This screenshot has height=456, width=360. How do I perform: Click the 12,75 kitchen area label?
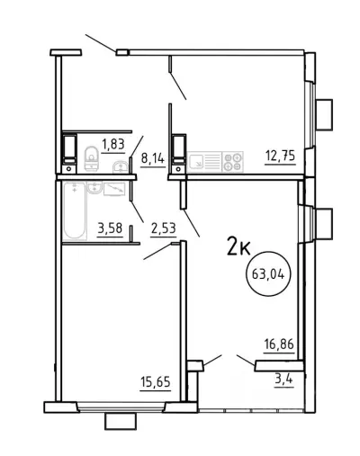(280, 156)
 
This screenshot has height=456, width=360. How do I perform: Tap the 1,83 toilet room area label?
(113, 145)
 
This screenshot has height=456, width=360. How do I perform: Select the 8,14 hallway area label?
(153, 158)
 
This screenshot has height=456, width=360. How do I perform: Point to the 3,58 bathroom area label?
(110, 228)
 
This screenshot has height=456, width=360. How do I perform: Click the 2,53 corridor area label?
(163, 228)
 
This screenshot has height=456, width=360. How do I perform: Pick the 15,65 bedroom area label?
(156, 382)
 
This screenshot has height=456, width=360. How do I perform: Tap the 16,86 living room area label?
(279, 344)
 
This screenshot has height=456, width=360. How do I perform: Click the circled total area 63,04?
(268, 273)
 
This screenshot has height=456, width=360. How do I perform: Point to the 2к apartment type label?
(238, 246)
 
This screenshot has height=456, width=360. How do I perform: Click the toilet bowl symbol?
(91, 158)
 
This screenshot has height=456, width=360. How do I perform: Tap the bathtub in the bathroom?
(75, 211)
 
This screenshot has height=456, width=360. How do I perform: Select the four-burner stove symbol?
(233, 162)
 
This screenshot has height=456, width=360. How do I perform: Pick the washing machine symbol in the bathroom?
(114, 189)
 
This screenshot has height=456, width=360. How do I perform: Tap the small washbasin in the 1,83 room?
(121, 167)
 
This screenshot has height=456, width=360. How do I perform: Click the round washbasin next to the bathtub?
(94, 188)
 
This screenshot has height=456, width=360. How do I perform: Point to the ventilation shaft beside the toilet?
(69, 153)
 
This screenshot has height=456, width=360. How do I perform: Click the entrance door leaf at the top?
(101, 43)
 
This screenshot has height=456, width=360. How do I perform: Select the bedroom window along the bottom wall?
(121, 407)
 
